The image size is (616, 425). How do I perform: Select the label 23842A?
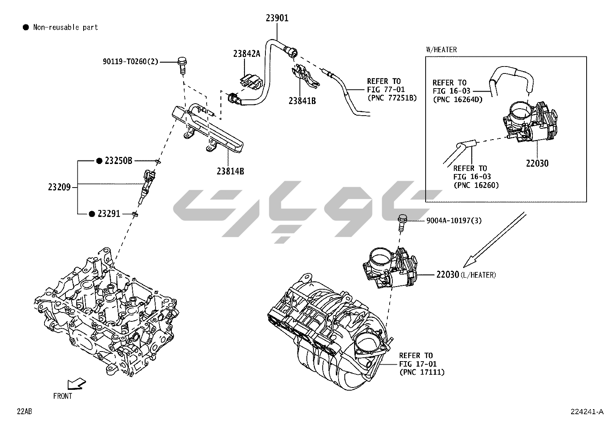[246, 54]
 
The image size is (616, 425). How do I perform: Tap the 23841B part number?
[302, 101]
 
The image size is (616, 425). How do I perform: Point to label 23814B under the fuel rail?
[230, 171]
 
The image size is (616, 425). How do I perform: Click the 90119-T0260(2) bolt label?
[130, 61]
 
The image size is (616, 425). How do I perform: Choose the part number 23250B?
[118, 160]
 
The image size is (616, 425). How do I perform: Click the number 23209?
[59, 187]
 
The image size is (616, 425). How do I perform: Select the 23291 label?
[109, 213]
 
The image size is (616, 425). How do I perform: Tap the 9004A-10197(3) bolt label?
[454, 220]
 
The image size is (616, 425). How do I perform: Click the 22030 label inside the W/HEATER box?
[537, 163]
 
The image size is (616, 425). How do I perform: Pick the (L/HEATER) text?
[478, 275]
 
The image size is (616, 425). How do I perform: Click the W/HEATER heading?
[441, 49]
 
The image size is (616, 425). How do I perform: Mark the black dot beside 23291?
[92, 214]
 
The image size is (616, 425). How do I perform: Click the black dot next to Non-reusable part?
[26, 27]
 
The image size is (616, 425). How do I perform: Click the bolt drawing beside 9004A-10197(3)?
[402, 222]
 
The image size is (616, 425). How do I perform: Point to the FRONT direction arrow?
[76, 384]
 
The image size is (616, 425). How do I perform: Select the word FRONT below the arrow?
[63, 396]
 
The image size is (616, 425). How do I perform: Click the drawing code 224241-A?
[587, 411]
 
